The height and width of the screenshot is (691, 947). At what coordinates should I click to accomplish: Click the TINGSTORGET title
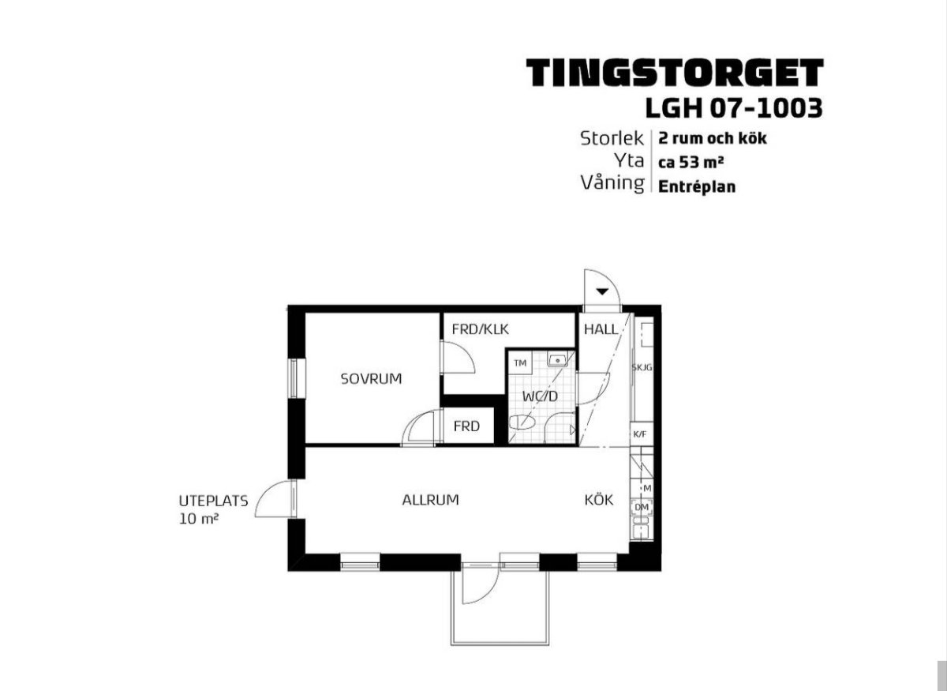675,73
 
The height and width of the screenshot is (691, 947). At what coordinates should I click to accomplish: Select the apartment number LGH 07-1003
734,108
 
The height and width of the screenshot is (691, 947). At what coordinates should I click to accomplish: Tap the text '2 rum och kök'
713,139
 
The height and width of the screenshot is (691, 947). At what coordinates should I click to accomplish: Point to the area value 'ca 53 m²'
691,162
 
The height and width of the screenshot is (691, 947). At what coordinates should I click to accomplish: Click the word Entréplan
697,186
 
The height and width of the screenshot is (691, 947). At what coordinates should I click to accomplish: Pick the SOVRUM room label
371,379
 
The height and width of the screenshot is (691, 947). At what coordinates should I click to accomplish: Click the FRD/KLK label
481,329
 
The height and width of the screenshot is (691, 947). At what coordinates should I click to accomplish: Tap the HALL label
601,329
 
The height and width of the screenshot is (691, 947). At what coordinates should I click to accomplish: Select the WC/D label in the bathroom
541,396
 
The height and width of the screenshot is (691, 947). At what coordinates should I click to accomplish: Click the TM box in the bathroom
520,363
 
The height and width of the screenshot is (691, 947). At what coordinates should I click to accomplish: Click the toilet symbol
522,422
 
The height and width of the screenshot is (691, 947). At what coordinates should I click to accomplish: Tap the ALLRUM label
430,500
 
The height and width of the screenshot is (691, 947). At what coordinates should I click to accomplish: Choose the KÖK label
599,500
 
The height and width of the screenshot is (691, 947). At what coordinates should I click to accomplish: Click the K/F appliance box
641,434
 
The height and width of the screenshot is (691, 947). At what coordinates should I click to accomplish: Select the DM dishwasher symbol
642,507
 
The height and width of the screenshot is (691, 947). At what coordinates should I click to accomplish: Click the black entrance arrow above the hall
602,291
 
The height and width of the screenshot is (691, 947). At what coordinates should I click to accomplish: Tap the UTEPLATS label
214,501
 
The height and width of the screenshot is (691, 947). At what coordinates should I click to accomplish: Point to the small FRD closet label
466,426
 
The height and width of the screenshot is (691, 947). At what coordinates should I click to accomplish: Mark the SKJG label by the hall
642,368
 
